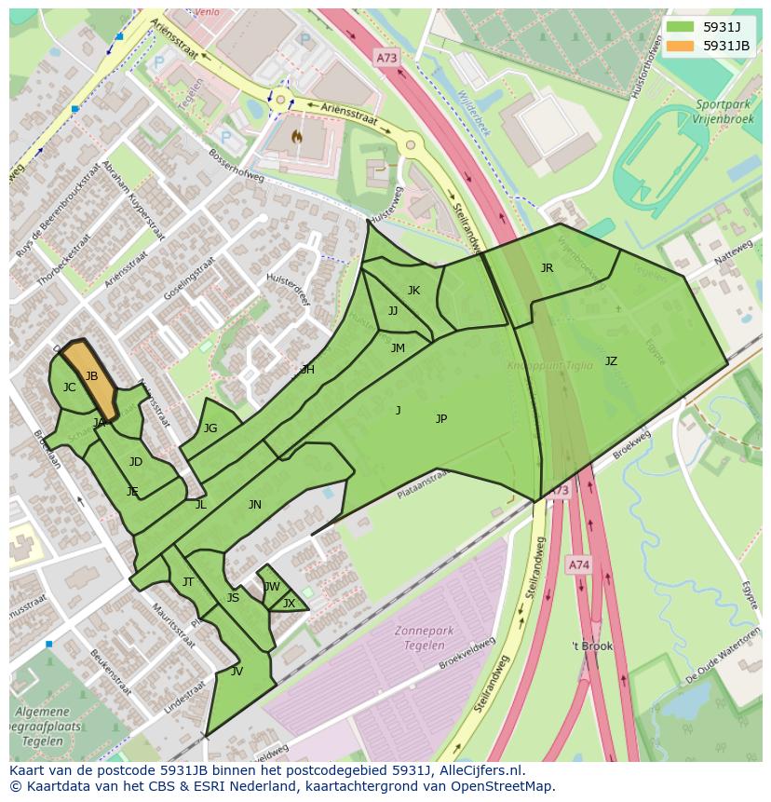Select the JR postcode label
547,268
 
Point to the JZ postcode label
611,361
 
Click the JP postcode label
441,419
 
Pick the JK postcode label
413,291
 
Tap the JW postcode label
271,587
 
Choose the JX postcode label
289,604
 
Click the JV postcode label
237,672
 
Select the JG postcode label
210,428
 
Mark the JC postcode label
69,387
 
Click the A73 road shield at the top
386,58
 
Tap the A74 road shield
578,564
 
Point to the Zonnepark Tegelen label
424,638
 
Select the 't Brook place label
592,646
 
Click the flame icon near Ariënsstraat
297,136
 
